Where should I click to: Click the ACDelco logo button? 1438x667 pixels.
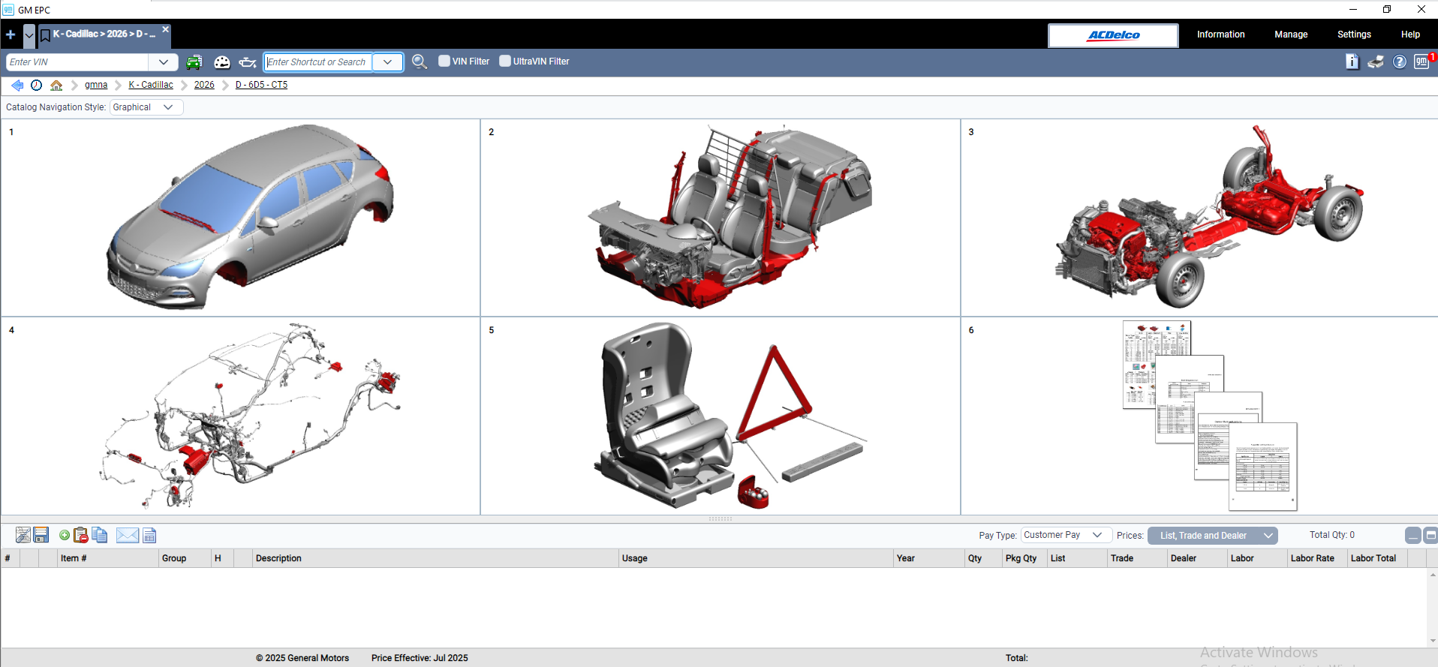(x=1113, y=35)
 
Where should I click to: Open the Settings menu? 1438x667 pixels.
(x=1353, y=35)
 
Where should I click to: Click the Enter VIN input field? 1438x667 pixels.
(x=78, y=62)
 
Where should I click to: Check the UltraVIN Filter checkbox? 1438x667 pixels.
(x=505, y=62)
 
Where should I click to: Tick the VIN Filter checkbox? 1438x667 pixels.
(x=444, y=62)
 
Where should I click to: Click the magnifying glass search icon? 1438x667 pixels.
(x=420, y=62)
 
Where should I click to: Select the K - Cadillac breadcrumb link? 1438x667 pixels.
(x=151, y=85)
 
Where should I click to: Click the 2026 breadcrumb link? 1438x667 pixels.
(x=204, y=85)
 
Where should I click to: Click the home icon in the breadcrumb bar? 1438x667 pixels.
(x=56, y=85)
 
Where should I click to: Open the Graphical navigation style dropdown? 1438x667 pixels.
(x=146, y=107)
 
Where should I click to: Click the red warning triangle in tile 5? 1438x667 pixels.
(x=773, y=398)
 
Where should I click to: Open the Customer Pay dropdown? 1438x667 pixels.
(x=1065, y=535)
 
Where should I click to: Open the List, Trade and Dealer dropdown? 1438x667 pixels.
(x=1212, y=535)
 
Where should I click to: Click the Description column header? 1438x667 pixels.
(x=278, y=558)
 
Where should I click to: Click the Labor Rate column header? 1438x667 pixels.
(x=1312, y=558)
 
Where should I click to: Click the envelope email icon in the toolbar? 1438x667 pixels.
(x=128, y=535)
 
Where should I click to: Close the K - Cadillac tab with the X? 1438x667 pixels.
(x=166, y=29)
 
